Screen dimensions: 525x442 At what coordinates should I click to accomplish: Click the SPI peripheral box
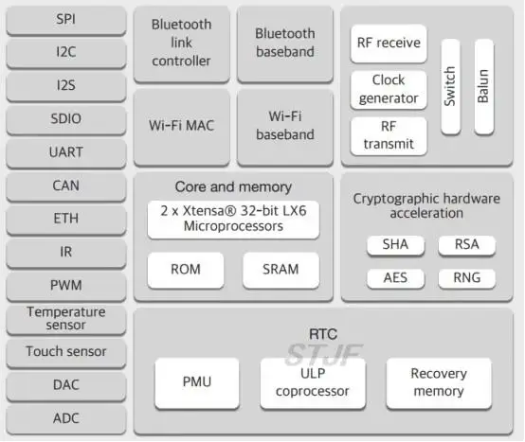66,20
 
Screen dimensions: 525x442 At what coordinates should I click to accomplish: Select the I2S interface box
66,86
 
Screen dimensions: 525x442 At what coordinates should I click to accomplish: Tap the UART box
66,153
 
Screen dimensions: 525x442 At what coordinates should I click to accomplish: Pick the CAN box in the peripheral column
66,186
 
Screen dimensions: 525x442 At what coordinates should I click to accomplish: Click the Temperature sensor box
66,320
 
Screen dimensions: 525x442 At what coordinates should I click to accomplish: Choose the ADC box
66,419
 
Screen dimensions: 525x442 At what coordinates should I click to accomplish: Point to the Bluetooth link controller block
181,44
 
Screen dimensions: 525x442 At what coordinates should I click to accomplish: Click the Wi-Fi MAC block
181,127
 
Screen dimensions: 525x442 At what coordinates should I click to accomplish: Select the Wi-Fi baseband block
285,127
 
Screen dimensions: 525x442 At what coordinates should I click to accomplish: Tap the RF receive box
389,44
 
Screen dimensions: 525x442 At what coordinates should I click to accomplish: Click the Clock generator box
389,90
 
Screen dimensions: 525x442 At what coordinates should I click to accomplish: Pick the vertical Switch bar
450,87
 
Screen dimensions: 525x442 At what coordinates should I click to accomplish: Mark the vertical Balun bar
484,87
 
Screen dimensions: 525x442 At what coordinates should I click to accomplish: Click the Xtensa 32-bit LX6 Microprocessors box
233,220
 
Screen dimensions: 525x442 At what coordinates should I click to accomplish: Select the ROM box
186,270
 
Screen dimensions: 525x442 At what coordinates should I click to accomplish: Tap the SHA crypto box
395,245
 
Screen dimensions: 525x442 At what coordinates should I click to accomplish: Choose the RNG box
467,278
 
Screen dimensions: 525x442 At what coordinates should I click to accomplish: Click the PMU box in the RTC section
197,383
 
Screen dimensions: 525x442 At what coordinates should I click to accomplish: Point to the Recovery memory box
439,383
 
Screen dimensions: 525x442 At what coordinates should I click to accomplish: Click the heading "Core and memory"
233,186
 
